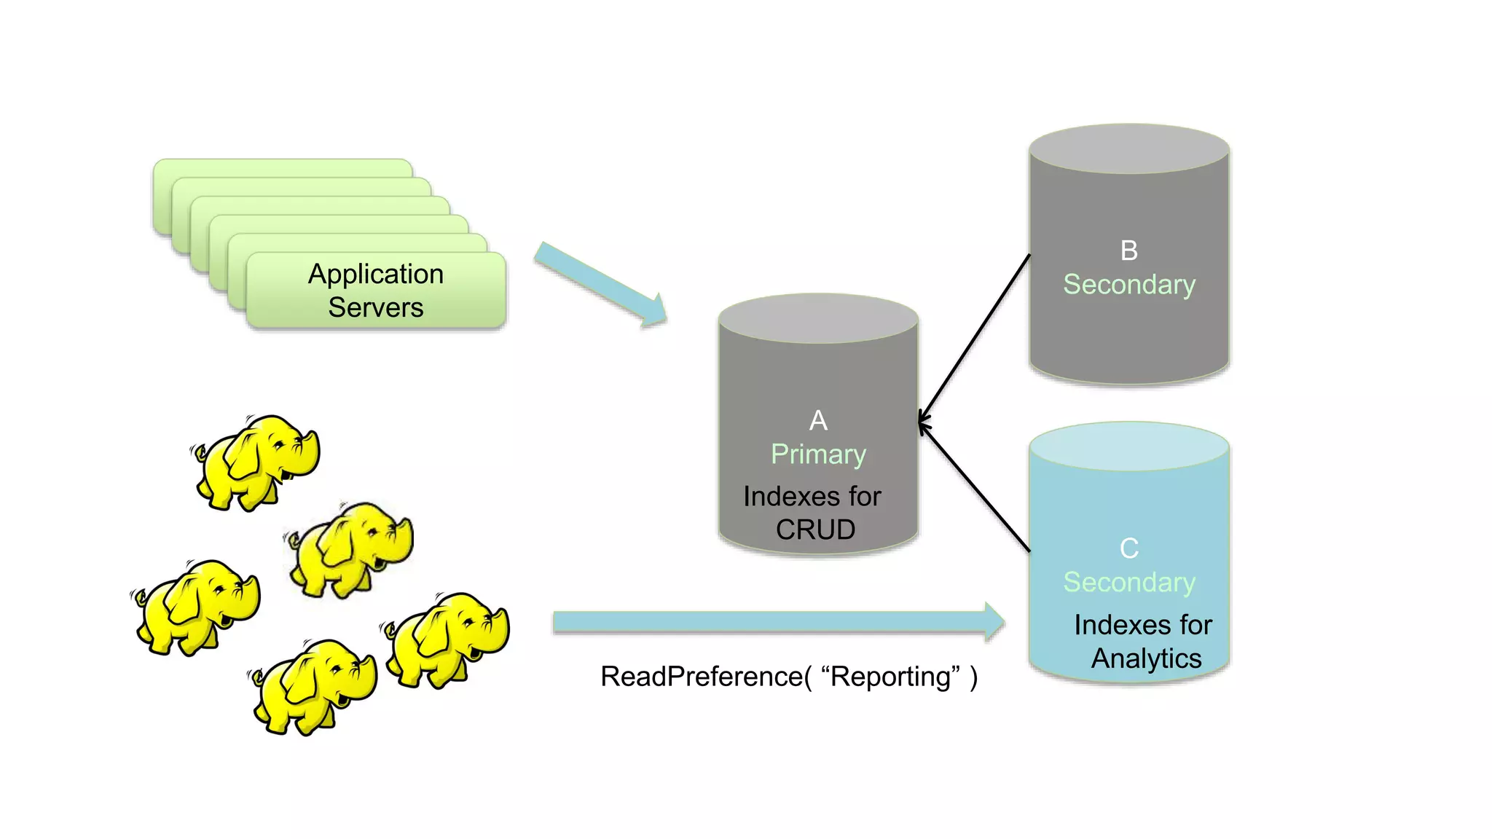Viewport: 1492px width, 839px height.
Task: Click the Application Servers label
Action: point(375,291)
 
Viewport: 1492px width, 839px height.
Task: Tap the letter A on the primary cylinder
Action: point(818,420)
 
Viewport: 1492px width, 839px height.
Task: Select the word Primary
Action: point(818,454)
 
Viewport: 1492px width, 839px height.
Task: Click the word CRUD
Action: point(815,529)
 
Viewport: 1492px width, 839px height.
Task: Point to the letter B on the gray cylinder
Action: point(1128,251)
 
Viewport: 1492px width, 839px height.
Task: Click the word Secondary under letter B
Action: point(1128,285)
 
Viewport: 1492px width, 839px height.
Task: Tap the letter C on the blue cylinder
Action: point(1128,548)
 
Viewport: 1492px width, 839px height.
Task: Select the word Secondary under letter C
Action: point(1128,583)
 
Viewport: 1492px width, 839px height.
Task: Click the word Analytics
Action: point(1146,658)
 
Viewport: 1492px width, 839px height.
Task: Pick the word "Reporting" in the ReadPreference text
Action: point(890,677)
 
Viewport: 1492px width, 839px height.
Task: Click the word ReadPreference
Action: point(701,677)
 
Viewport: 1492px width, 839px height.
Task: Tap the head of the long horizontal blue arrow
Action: point(994,622)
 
